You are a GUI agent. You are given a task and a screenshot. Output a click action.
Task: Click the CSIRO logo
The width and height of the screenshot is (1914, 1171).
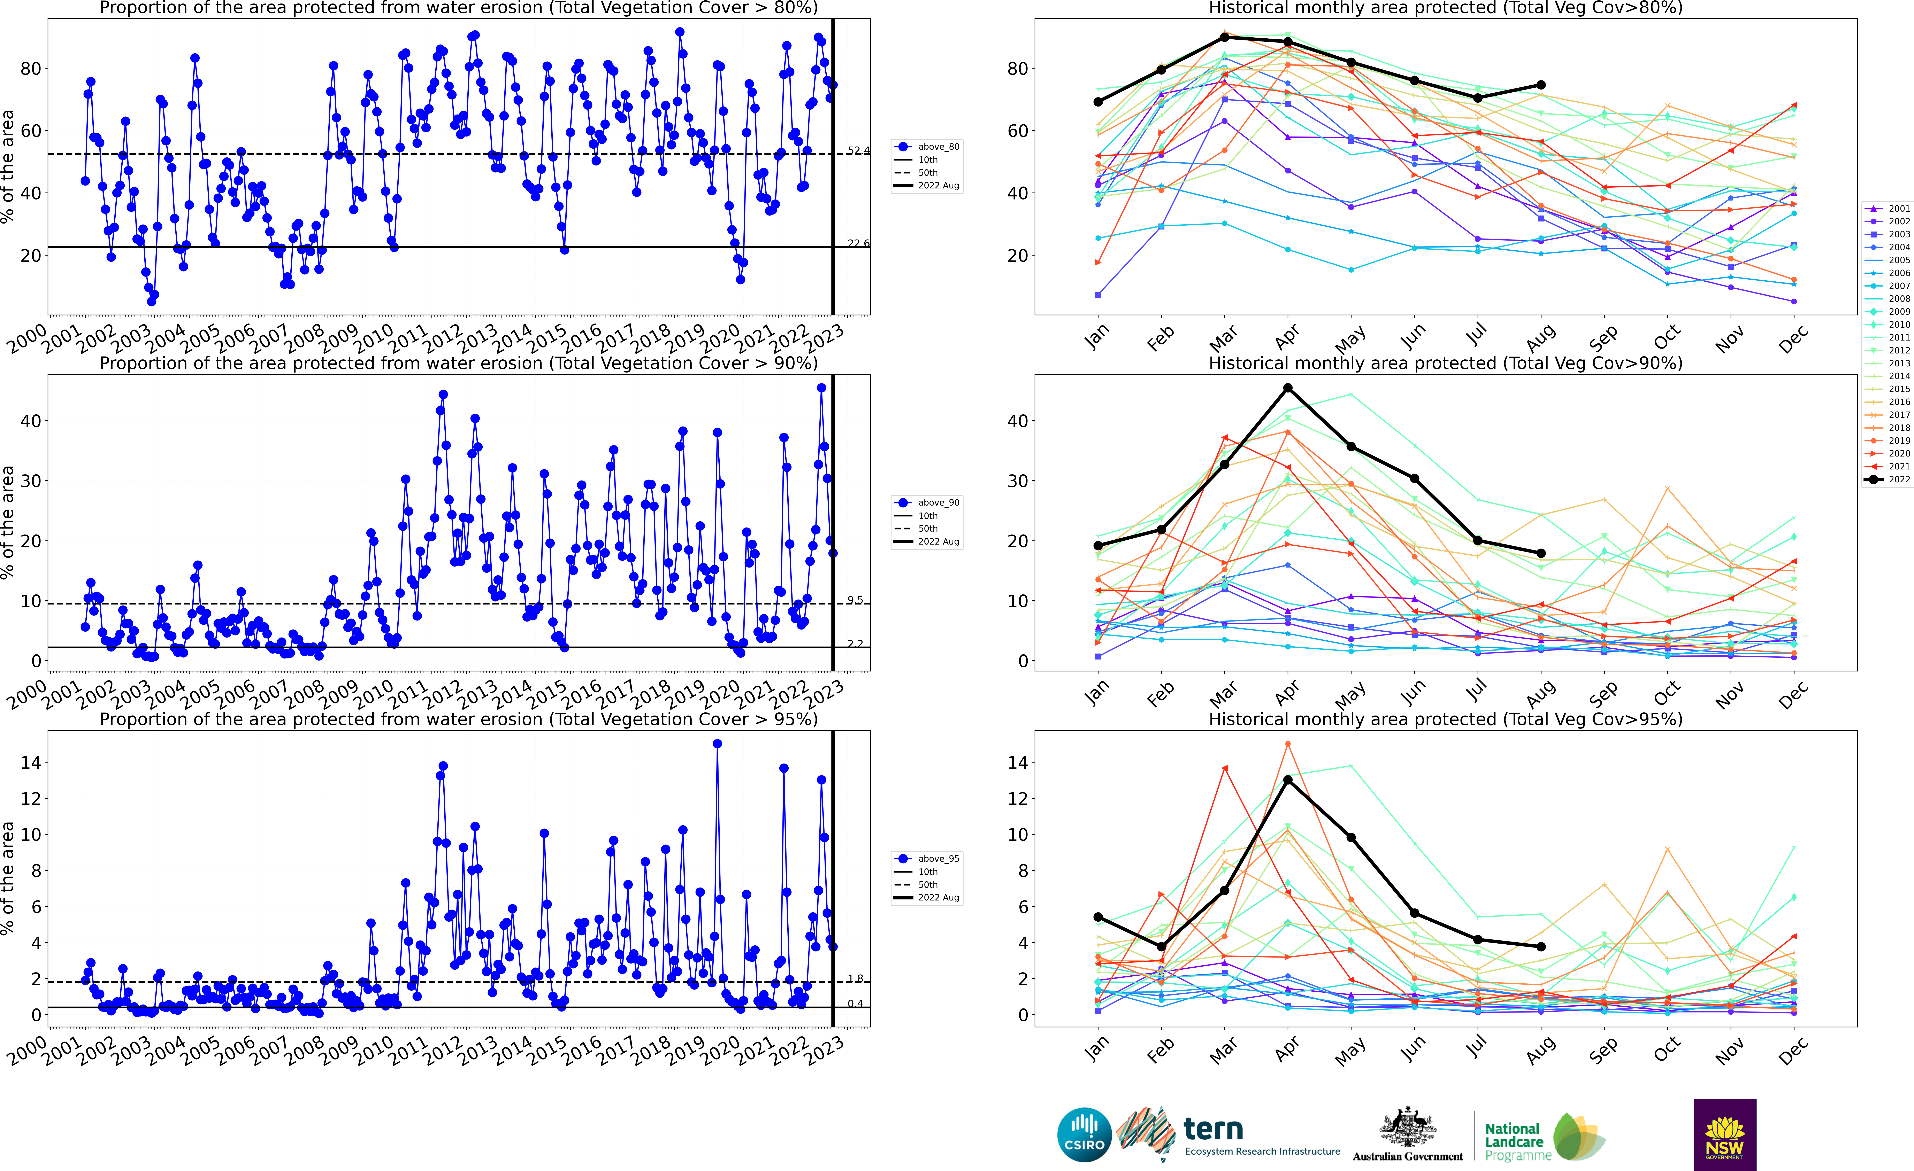(1084, 1134)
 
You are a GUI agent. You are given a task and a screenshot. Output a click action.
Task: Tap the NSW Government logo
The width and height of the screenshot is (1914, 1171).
(1724, 1134)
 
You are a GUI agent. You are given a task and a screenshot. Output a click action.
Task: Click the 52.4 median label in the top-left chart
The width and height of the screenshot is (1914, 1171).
(858, 151)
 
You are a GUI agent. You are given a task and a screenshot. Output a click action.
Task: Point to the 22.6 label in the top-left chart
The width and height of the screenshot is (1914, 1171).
(858, 243)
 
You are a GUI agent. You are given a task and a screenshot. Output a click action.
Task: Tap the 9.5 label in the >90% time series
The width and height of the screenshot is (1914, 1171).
(855, 600)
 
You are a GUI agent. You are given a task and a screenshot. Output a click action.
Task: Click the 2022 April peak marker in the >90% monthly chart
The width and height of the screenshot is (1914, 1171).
(1288, 388)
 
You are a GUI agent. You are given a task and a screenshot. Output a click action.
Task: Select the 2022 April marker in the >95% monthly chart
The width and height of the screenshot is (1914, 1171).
(1288, 780)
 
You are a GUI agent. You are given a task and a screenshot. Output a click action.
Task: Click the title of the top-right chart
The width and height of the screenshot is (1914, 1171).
(1446, 9)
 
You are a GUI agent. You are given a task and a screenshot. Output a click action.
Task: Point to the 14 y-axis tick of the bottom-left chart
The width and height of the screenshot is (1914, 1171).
(31, 763)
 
